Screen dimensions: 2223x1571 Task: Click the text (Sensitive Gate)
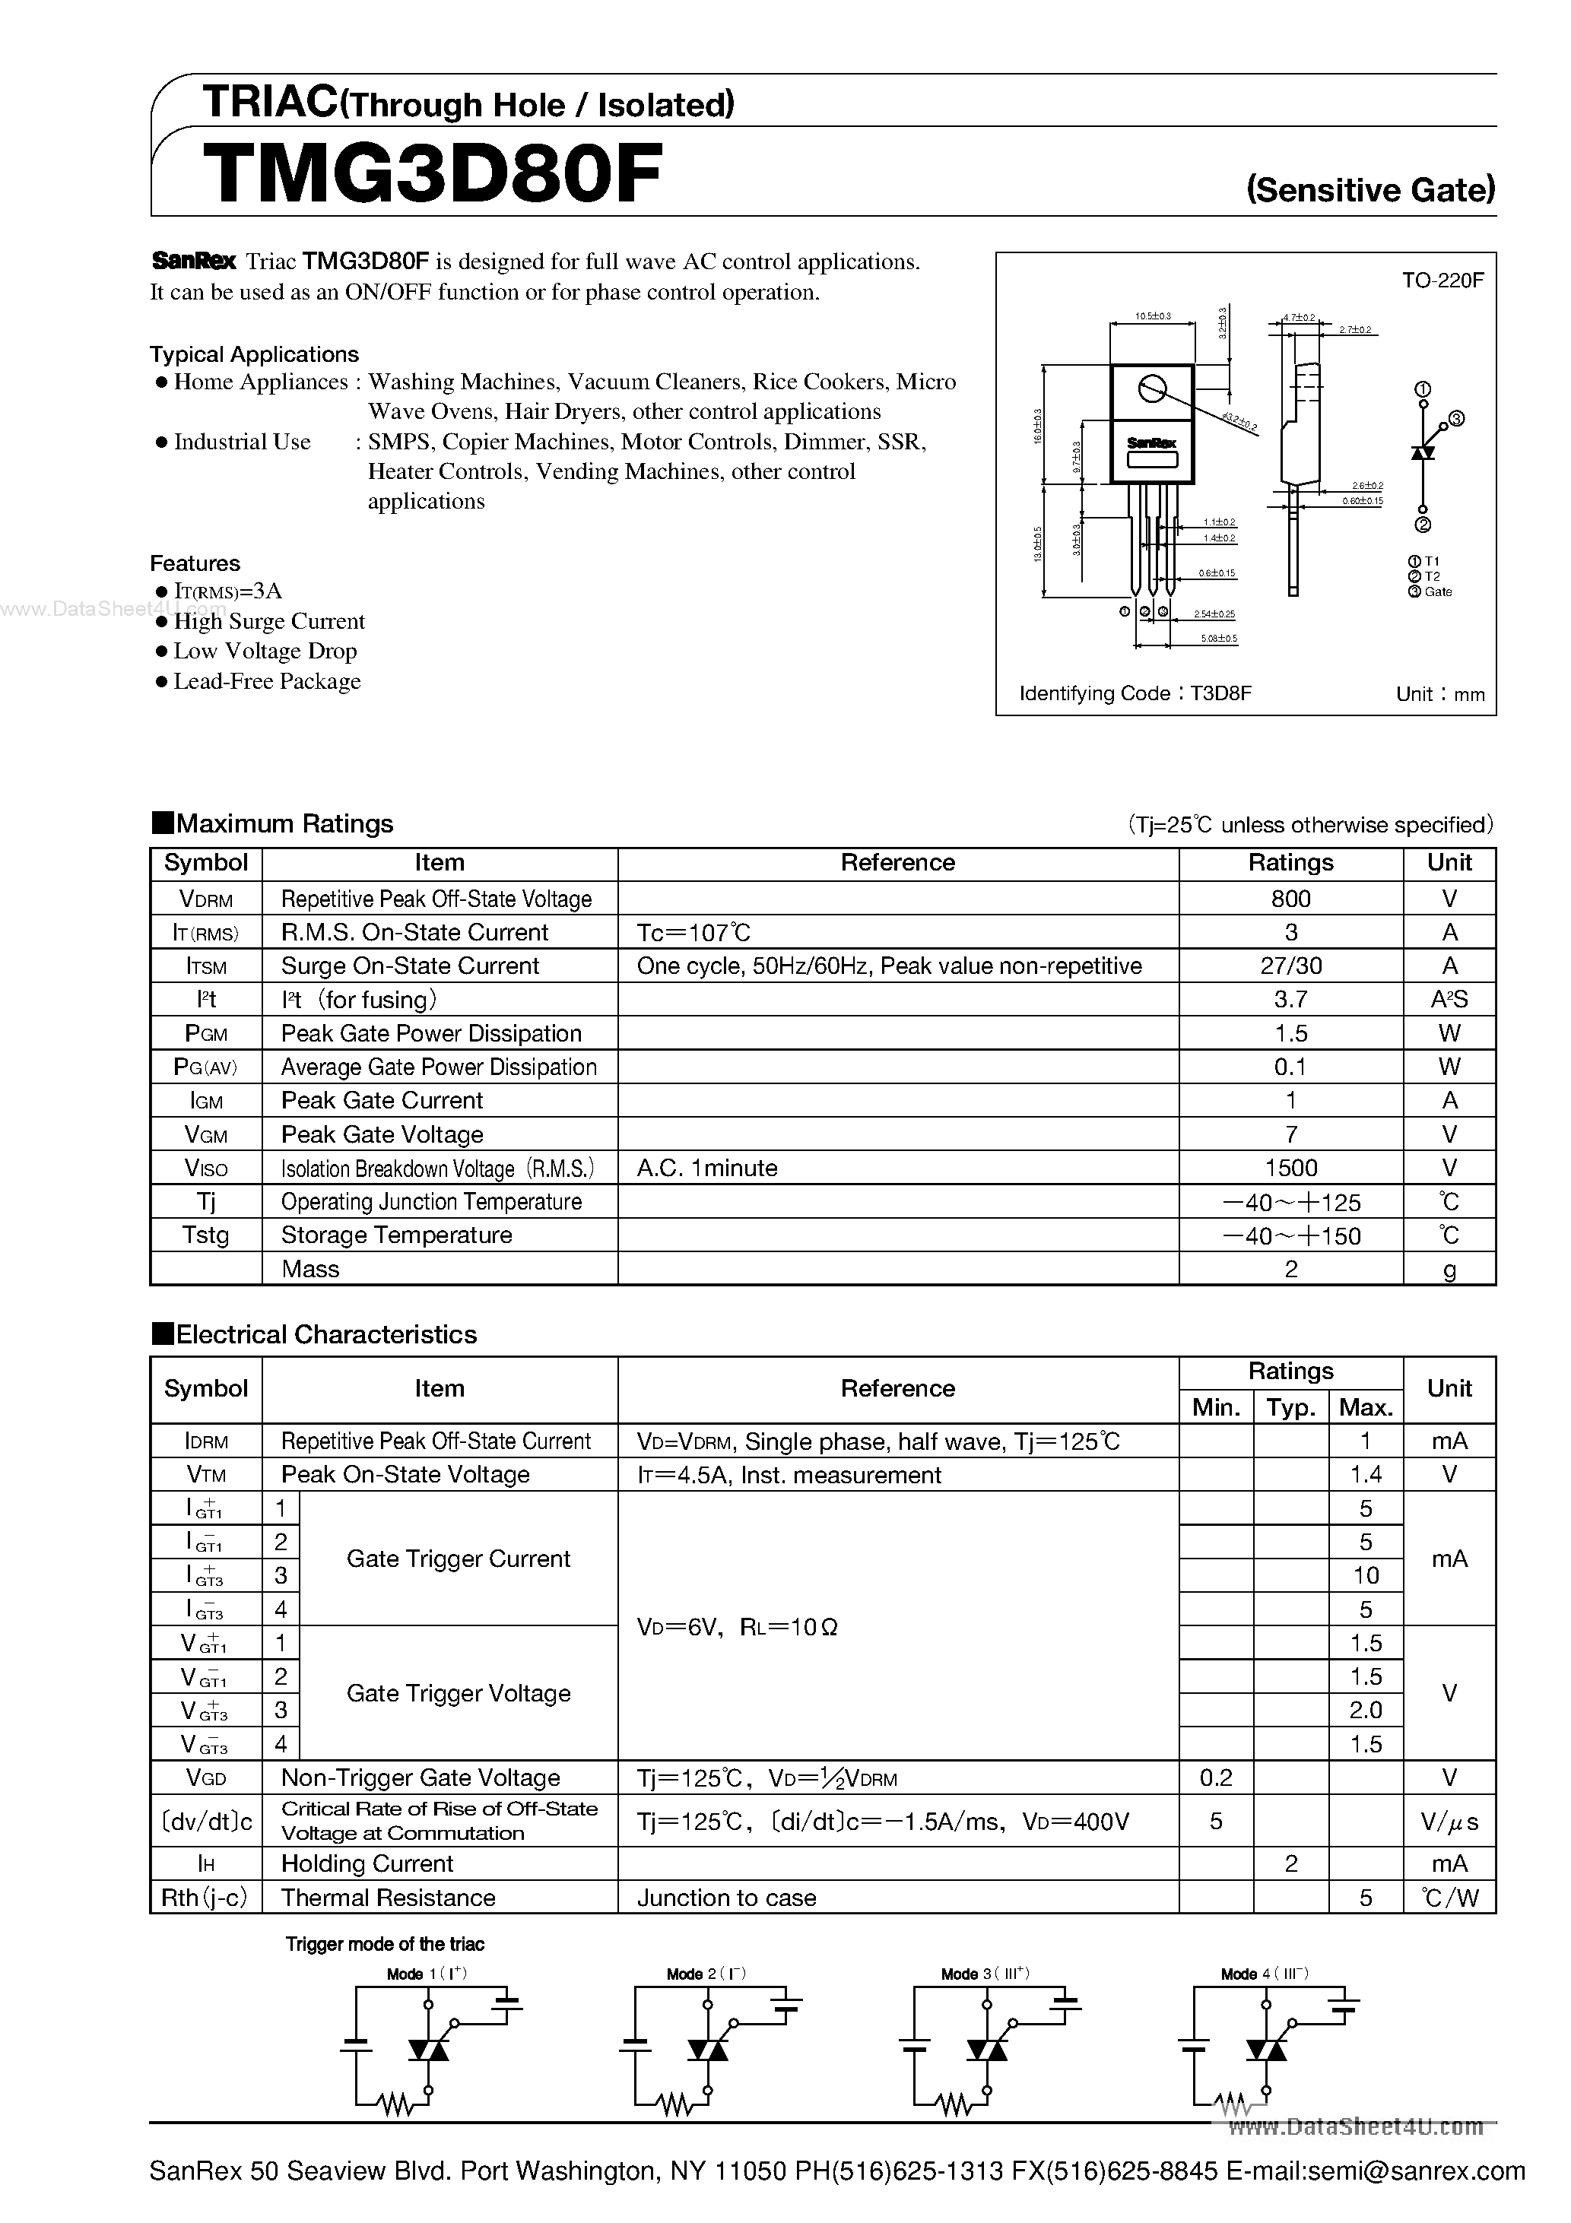(x=1370, y=189)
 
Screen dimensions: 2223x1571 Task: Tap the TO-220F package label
(x=1442, y=281)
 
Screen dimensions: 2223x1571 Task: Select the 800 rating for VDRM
(x=1290, y=899)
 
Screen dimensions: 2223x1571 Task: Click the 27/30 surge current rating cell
(x=1290, y=966)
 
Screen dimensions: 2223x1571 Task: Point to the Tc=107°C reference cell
(x=693, y=932)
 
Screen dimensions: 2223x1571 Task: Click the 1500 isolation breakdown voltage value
(x=1290, y=1168)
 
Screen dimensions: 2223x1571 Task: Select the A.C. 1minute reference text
(x=707, y=1168)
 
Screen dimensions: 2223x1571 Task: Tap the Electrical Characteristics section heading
(x=325, y=1334)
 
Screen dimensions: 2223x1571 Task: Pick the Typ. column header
(x=1290, y=1406)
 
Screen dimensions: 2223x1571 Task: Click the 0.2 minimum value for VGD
(x=1216, y=1777)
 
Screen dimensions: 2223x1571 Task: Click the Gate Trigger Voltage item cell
(x=458, y=1693)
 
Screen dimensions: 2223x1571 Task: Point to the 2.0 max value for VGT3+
(x=1365, y=1710)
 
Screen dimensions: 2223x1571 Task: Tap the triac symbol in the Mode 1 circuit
(x=428, y=2049)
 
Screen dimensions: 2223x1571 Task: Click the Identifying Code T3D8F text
(x=1135, y=693)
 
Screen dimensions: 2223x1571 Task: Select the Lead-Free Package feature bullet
(x=266, y=682)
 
